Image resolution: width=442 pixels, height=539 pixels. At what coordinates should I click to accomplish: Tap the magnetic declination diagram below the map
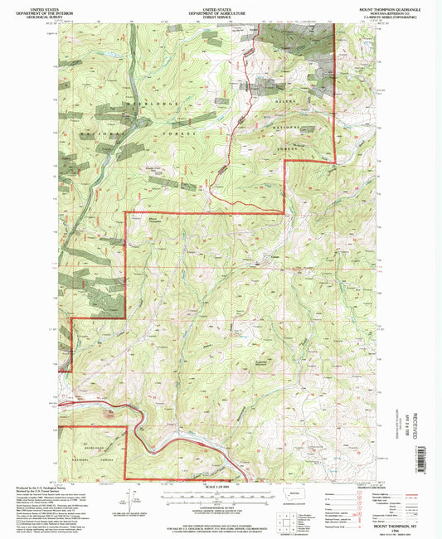129,500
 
